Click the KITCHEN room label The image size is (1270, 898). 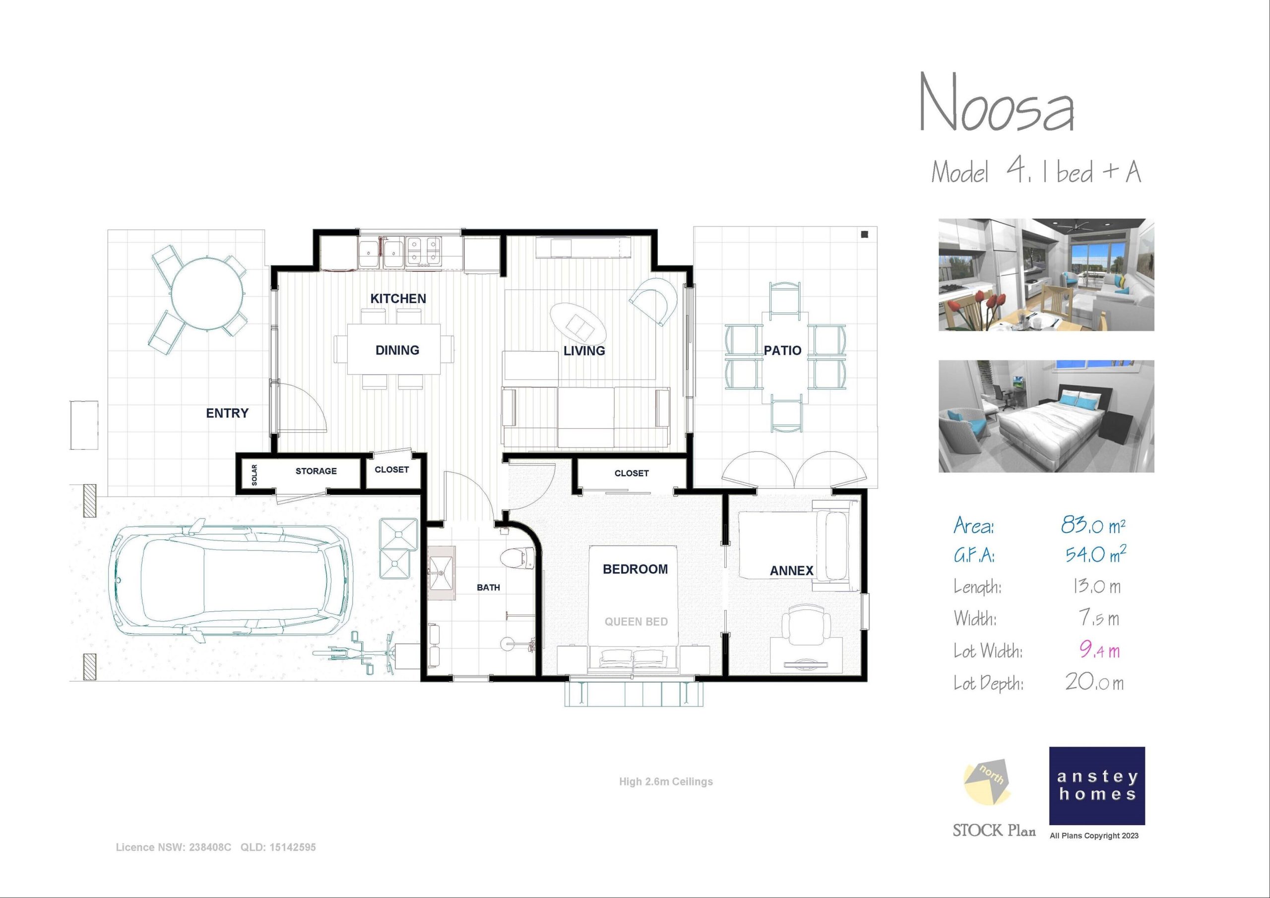point(398,299)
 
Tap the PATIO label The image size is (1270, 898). point(782,350)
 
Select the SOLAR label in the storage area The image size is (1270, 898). point(254,475)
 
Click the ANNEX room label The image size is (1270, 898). point(792,571)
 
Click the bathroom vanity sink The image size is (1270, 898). point(442,573)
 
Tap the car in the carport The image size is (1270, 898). point(231,581)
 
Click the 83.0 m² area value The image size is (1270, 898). point(1093,524)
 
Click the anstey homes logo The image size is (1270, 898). point(1097,786)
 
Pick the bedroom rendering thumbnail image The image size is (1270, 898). point(1046,416)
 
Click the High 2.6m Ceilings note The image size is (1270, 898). point(666,782)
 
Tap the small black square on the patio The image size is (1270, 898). point(865,235)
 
